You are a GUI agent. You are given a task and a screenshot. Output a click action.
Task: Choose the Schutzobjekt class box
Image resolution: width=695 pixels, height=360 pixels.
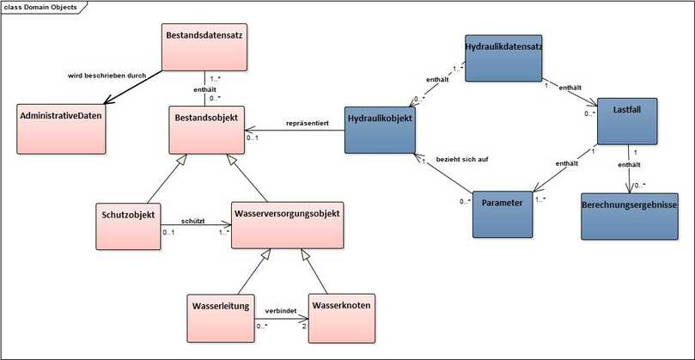pos(128,225)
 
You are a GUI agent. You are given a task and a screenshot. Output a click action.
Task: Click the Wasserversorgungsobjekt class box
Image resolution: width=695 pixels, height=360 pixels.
pos(288,224)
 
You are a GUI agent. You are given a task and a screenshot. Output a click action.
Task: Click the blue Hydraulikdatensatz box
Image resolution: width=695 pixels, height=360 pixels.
pos(503,58)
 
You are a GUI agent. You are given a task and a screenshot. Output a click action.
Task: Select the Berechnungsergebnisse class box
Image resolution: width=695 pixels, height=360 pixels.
pos(630,216)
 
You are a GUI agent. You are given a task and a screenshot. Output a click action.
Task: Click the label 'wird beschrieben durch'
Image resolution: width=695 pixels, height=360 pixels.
pos(107,76)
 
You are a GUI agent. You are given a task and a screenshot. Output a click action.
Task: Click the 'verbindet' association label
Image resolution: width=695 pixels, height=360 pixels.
pos(280,308)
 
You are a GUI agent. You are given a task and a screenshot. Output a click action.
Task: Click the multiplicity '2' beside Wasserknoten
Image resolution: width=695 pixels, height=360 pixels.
pos(303,324)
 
